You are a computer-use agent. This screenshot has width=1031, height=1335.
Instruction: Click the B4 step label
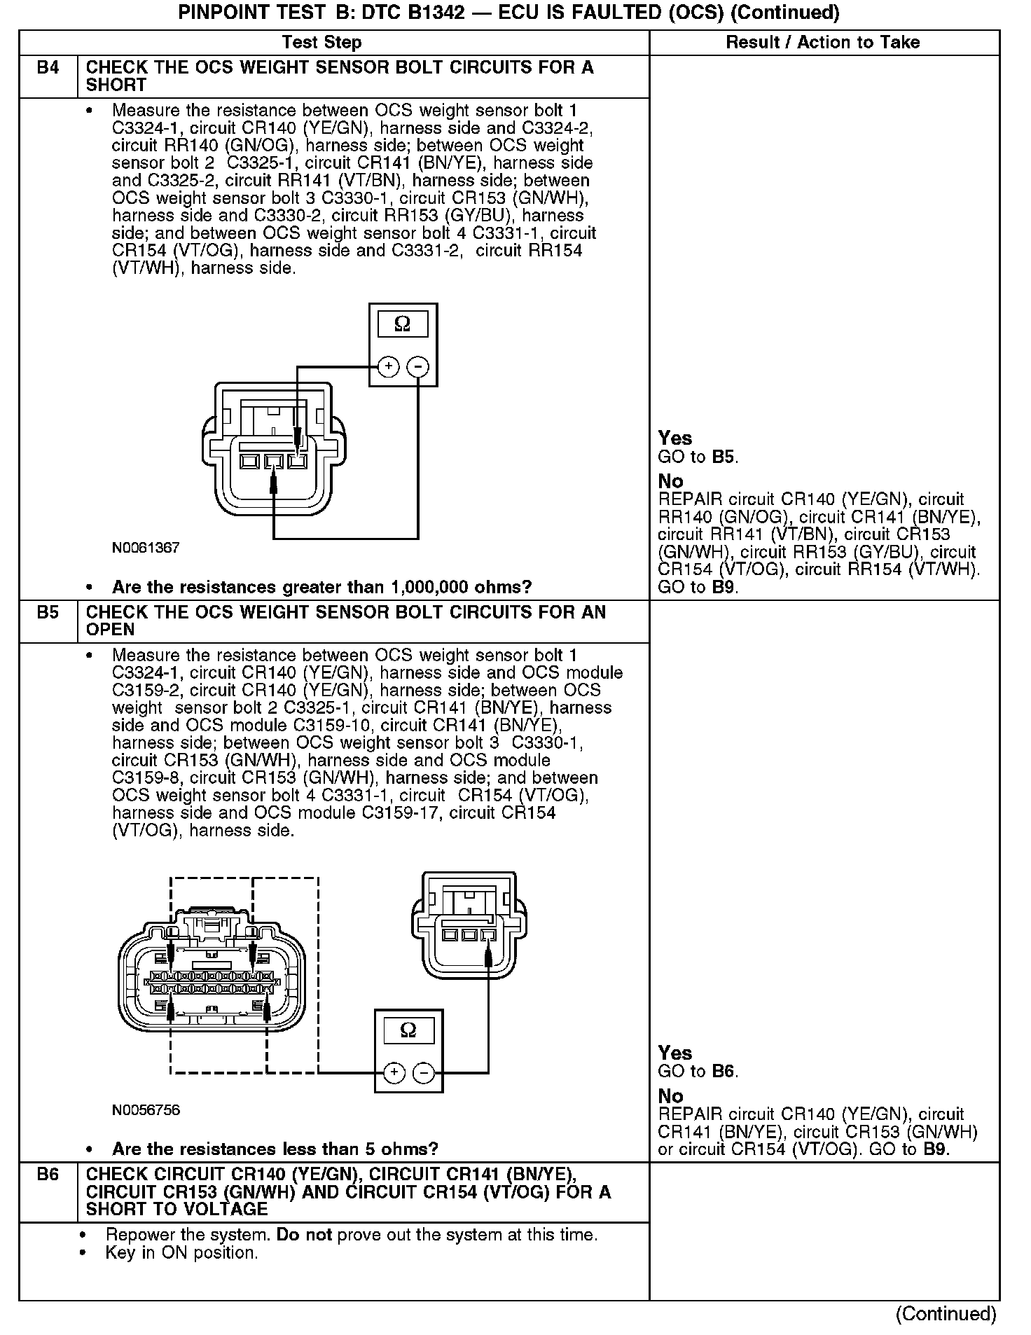(x=48, y=68)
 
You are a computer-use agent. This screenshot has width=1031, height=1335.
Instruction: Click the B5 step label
(x=48, y=612)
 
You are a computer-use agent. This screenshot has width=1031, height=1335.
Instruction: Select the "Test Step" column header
(x=321, y=43)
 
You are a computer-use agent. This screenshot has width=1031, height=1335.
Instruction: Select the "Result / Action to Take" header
(x=822, y=43)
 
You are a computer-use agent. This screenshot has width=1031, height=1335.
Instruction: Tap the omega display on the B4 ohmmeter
(x=403, y=324)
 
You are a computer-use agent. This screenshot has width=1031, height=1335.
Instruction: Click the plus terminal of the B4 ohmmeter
(x=388, y=366)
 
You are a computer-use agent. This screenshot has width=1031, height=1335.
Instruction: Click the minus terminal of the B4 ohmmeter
(x=418, y=366)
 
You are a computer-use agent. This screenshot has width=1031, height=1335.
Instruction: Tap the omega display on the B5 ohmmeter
(x=408, y=1030)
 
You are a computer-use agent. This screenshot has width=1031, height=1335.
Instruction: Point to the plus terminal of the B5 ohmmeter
(x=394, y=1072)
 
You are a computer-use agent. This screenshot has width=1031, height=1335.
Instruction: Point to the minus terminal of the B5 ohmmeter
(x=424, y=1072)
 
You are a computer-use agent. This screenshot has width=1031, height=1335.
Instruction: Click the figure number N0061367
(x=146, y=548)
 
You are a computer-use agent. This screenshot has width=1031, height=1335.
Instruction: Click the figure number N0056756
(x=146, y=1110)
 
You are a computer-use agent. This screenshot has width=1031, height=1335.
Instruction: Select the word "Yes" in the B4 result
(x=674, y=438)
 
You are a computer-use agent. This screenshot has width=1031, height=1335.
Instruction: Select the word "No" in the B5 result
(x=670, y=1096)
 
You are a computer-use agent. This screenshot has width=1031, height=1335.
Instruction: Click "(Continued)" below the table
(x=946, y=1314)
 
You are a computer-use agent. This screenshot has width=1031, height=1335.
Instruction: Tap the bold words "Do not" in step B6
(x=304, y=1234)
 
